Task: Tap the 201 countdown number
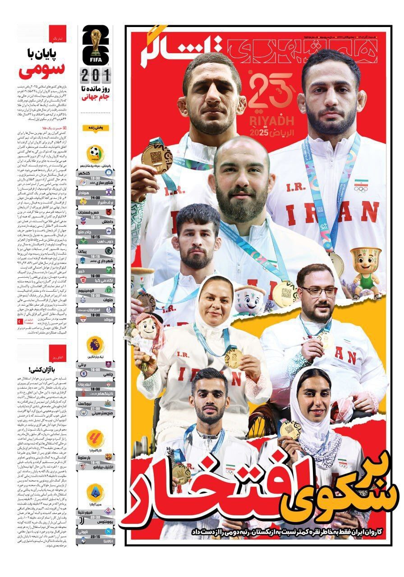click(x=96, y=73)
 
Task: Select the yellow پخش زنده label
click(x=96, y=128)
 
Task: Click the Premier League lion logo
click(x=96, y=345)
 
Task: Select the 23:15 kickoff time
click(x=96, y=537)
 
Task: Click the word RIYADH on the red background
click(x=271, y=121)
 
